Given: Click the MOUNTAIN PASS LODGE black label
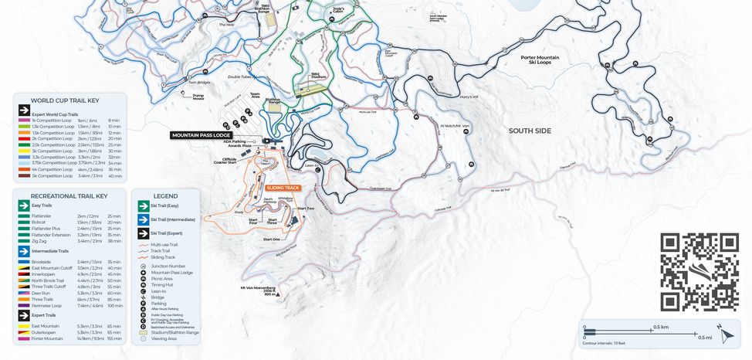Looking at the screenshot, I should [x=202, y=135].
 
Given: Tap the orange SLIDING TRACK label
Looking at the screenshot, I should [x=282, y=188].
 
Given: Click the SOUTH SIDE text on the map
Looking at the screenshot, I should [x=530, y=131].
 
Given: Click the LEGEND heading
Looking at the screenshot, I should [x=165, y=196].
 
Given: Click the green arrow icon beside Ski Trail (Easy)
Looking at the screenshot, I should [x=143, y=206].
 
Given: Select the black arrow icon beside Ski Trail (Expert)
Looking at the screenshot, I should [x=143, y=233].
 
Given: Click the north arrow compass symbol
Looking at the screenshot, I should [x=726, y=334].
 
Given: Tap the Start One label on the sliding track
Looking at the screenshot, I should [x=272, y=239].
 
